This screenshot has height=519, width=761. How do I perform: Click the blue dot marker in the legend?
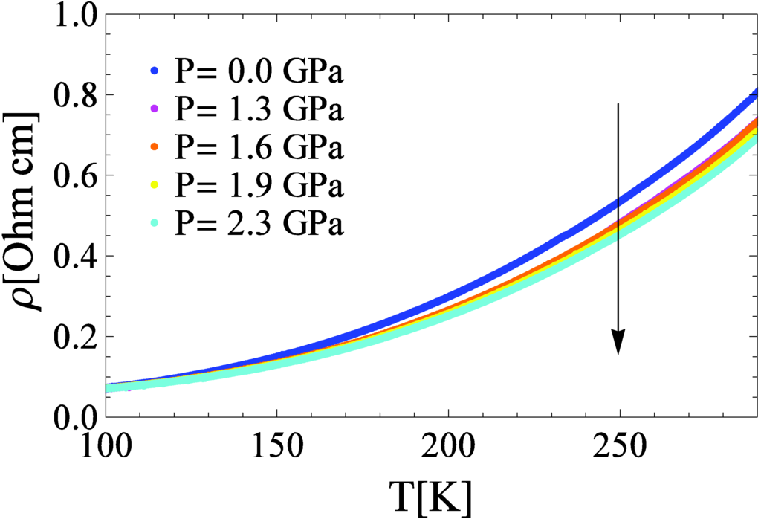(x=155, y=72)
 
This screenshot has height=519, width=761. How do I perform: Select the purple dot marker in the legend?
(x=155, y=110)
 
